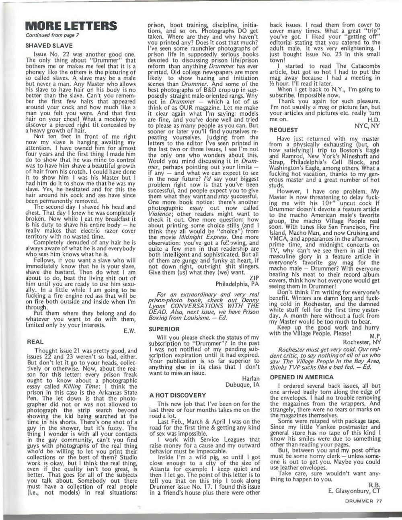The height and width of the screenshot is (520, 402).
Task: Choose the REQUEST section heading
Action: pos(284,130)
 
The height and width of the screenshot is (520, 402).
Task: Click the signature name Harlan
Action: pos(251,378)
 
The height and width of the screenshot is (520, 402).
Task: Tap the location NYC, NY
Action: pos(367,125)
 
